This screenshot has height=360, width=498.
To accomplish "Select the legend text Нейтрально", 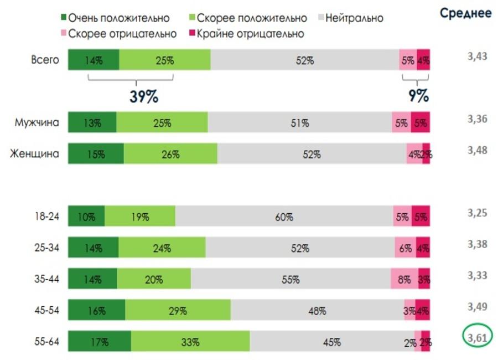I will coord(354,18).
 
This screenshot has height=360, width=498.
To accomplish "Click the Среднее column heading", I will coord(466,13).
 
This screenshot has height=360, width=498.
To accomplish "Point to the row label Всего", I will coord(45,60).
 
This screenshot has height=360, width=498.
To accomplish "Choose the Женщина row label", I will coord(34,154).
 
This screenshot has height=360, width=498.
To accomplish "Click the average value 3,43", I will coord(476,56).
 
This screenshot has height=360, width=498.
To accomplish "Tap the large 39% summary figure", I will coord(144,96).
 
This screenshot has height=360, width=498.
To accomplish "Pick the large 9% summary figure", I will coord(418,96).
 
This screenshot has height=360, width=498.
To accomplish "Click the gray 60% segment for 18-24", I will coord(284,217).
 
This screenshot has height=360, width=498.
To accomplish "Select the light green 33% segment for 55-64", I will coord(190,342).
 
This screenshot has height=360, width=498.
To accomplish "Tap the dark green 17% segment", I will coord(100,342).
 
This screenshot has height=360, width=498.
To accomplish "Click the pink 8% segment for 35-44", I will coord(404,280).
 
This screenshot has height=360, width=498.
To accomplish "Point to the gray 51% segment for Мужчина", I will coord(299,123).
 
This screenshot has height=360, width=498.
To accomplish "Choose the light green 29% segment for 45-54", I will coord(178,311).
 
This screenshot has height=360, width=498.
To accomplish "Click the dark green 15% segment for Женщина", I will coord(96,155).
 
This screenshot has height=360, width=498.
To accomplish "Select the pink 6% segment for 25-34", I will coord(405,248).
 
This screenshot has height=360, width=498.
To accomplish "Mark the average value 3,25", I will coord(476,213).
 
